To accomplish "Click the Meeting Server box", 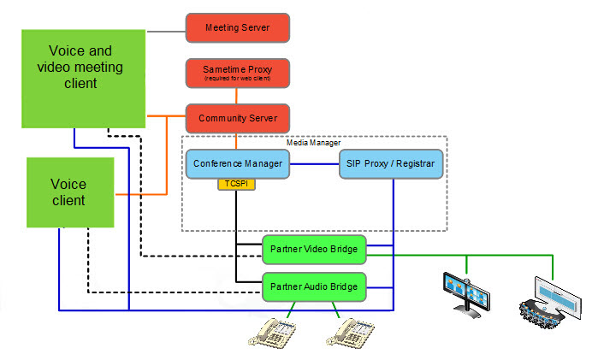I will [238, 27].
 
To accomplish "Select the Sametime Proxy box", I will [238, 72].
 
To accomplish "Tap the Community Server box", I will [238, 117].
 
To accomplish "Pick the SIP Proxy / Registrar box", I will [391, 162].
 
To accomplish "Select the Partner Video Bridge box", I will [314, 250].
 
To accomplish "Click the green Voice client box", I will [68, 193].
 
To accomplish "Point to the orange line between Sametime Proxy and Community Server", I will [238, 96].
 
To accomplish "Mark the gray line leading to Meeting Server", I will [166, 31].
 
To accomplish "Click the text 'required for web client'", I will [238, 79].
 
